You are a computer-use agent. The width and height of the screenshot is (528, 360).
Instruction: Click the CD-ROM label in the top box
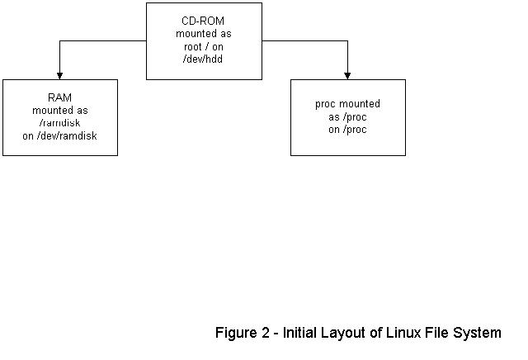[x=204, y=21]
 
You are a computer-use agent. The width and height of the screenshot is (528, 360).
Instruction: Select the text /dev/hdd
[x=204, y=59]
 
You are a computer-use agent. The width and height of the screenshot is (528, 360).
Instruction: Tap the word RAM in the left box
[x=59, y=97]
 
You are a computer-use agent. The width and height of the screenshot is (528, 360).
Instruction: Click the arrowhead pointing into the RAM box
[x=60, y=75]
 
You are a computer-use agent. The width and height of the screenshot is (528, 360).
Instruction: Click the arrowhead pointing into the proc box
[x=348, y=75]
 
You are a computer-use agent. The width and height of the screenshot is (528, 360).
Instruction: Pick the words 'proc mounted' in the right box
[x=347, y=105]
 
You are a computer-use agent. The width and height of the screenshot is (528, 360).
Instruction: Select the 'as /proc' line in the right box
[x=347, y=117]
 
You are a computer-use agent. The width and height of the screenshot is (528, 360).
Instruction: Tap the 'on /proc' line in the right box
[x=347, y=130]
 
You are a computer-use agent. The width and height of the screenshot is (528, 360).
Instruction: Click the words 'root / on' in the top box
[x=204, y=46]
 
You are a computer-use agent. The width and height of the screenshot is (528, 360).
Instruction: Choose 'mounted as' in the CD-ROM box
[x=204, y=33]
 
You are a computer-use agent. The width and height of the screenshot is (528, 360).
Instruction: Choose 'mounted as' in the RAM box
[x=59, y=110]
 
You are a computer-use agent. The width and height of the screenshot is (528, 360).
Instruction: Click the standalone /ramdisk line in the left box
[x=59, y=123]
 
